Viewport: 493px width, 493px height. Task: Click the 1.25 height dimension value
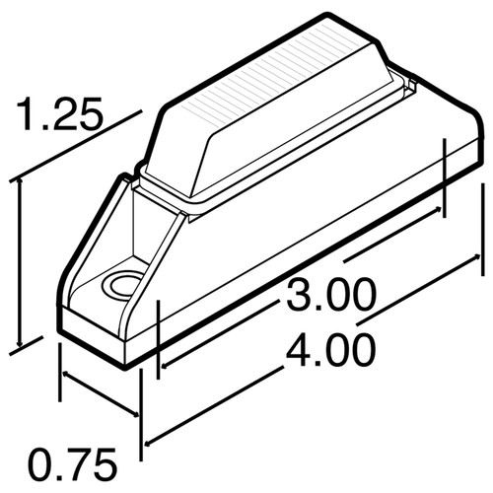[x=58, y=116]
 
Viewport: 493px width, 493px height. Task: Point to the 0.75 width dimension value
[x=72, y=461]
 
